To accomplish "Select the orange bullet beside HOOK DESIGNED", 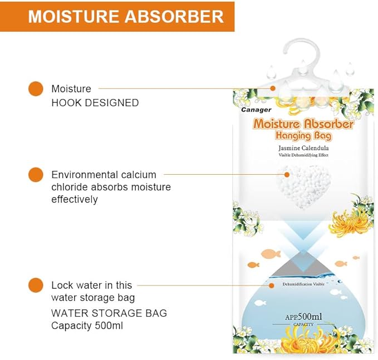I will [x=35, y=88].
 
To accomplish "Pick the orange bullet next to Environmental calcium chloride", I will [x=35, y=174].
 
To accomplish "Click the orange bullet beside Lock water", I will [x=35, y=285].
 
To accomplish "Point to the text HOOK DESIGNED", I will [x=95, y=103].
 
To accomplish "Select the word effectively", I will [x=75, y=199].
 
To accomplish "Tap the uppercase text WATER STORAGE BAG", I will [x=109, y=313].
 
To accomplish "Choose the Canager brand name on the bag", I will [x=256, y=110].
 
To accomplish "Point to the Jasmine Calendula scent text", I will [x=303, y=148].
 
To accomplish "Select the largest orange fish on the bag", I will [x=271, y=254].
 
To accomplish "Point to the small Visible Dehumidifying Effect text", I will [x=303, y=155].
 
